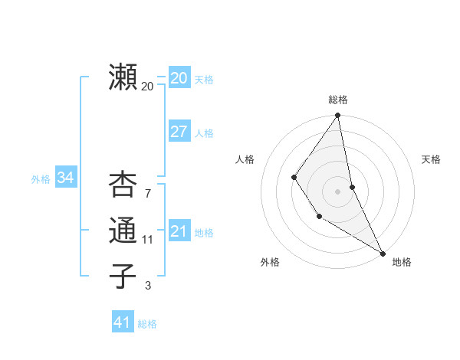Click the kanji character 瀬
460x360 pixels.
(123, 77)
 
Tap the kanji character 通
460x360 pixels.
(123, 231)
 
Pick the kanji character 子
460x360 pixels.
(123, 276)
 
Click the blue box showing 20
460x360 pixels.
(179, 77)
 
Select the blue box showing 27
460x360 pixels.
(179, 131)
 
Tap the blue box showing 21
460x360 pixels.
(179, 231)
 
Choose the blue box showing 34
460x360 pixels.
(65, 178)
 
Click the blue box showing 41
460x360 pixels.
(122, 322)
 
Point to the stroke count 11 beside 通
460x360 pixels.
(148, 240)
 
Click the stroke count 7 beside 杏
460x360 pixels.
(148, 194)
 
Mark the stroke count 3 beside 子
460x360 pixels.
(148, 286)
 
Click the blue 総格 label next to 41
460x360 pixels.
(147, 324)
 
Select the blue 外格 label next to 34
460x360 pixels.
(41, 179)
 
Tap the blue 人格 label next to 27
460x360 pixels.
(204, 133)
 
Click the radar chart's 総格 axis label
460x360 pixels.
(338, 100)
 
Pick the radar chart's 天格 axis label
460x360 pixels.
(432, 159)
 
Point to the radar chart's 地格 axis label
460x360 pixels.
(402, 262)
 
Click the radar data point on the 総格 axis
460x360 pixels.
(337, 116)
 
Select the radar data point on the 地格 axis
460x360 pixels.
(383, 252)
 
